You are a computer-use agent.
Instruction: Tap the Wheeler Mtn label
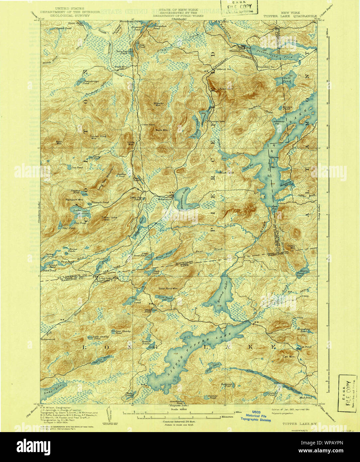(158, 104)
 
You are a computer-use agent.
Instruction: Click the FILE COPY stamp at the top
(240, 7)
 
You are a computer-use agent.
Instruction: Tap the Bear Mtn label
(59, 143)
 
